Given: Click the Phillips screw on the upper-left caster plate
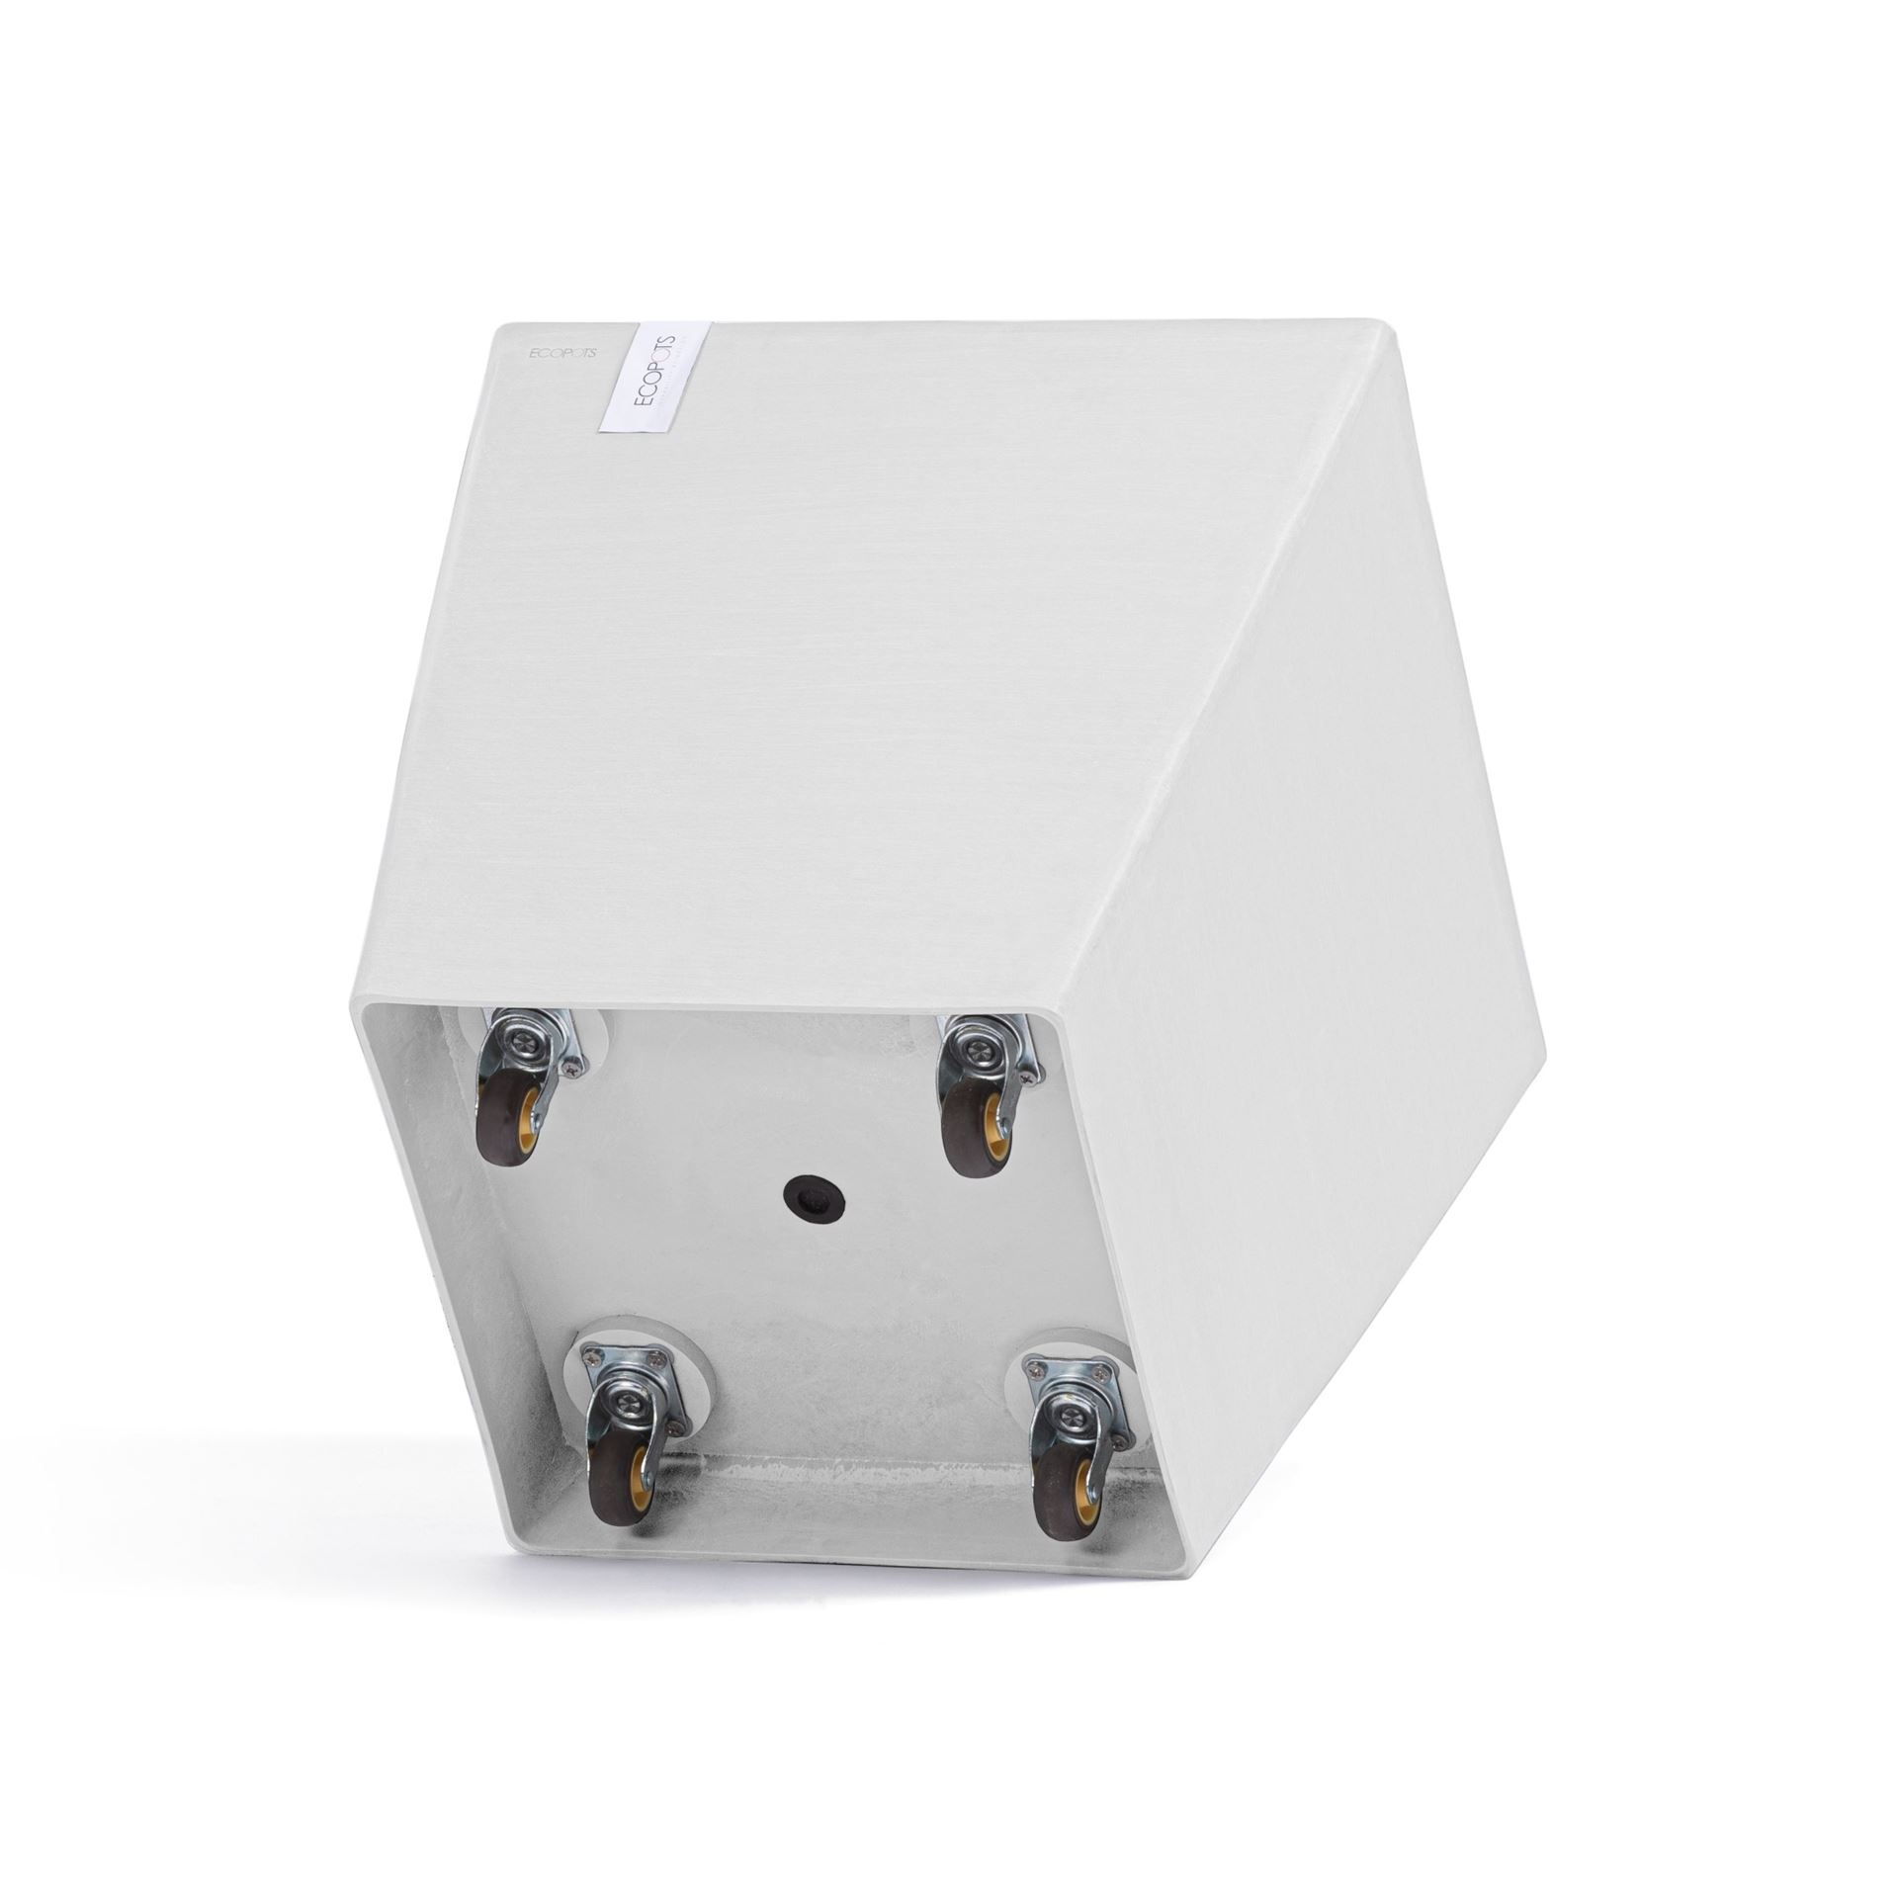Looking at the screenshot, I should (x=572, y=1067).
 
